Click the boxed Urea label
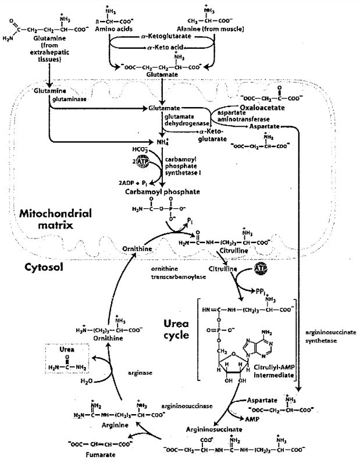click(67, 352)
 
